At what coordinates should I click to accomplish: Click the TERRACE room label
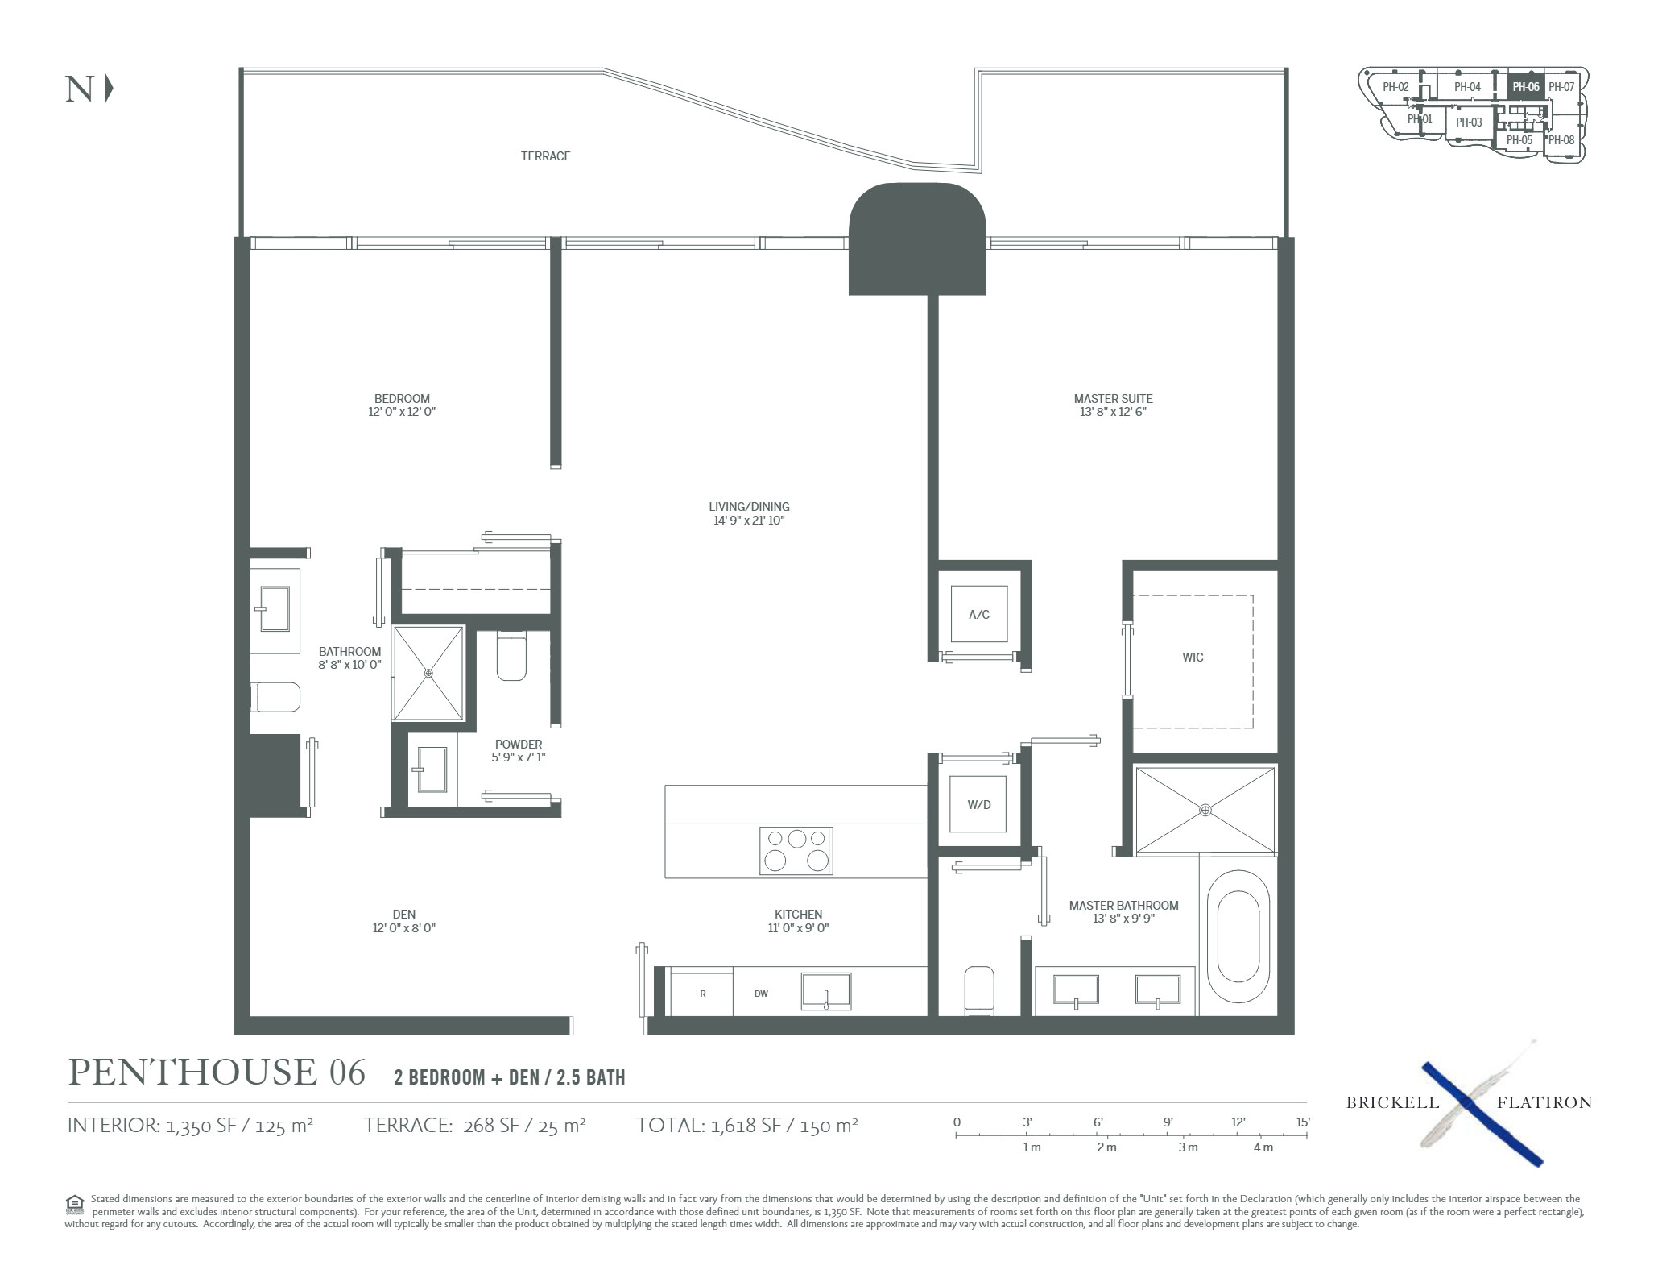(x=545, y=156)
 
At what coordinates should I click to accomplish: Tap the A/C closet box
(x=979, y=614)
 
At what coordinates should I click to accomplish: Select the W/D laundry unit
(x=978, y=804)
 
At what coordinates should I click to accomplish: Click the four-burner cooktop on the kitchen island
(x=796, y=850)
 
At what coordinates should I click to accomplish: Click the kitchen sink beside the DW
(x=826, y=990)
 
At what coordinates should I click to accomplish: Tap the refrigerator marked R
(x=702, y=994)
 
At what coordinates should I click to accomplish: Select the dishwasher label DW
(x=761, y=994)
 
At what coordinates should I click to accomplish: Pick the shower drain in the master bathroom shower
(x=1205, y=809)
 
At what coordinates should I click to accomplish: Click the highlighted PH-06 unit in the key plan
(x=1525, y=86)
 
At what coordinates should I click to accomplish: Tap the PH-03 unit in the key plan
(x=1469, y=122)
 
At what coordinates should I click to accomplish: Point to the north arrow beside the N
(x=109, y=89)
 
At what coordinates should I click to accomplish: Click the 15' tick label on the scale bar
(x=1303, y=1122)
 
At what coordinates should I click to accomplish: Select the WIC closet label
(x=1193, y=658)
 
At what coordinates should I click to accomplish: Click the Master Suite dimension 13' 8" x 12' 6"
(x=1113, y=412)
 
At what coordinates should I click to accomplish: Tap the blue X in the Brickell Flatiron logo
(x=1482, y=1114)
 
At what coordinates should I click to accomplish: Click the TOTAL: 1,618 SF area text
(x=746, y=1125)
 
